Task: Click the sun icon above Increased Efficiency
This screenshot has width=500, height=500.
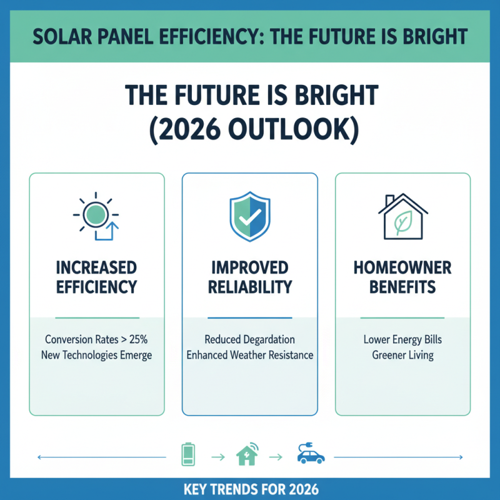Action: point(97,216)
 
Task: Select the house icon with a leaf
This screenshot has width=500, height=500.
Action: point(402,216)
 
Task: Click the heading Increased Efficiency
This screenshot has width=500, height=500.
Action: point(97,277)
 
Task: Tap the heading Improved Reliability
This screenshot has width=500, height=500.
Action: point(250,277)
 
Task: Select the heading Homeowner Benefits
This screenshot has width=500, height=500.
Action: point(402,277)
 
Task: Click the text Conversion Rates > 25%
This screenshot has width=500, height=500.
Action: point(97,340)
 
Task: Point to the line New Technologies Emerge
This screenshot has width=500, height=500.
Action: point(97,355)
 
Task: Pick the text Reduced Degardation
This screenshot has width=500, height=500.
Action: point(250,340)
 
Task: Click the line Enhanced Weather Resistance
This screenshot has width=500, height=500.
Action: point(250,355)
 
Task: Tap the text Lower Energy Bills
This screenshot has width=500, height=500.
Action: point(402,341)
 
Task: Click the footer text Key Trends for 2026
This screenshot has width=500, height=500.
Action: point(250,488)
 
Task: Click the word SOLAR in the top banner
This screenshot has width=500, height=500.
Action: point(60,36)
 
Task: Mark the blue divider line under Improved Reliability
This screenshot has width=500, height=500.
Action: point(250,317)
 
